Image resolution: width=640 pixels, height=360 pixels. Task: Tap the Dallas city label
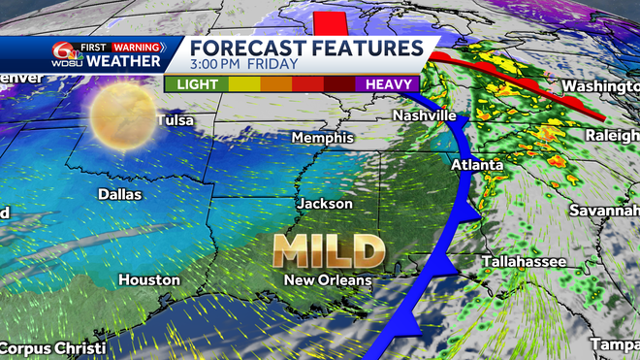pyautogui.click(x=119, y=194)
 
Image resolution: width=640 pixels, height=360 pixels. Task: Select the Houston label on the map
pyautogui.click(x=148, y=279)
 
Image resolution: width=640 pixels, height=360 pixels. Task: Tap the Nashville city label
pyautogui.click(x=424, y=115)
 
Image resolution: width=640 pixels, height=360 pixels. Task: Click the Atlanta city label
pyautogui.click(x=477, y=166)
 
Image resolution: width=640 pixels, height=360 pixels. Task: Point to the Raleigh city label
pyautogui.click(x=612, y=137)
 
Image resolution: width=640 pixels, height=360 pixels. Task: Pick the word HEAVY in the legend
pyautogui.click(x=388, y=84)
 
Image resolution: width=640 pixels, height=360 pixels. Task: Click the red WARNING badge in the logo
pyautogui.click(x=137, y=47)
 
